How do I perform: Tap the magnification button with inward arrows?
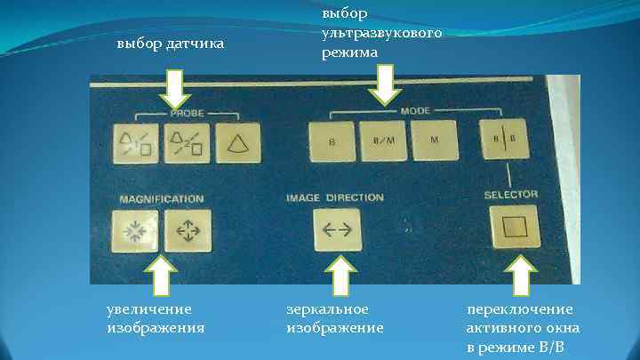[x=135, y=230]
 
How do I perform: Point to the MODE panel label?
[x=413, y=113]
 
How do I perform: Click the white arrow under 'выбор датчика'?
[x=175, y=92]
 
